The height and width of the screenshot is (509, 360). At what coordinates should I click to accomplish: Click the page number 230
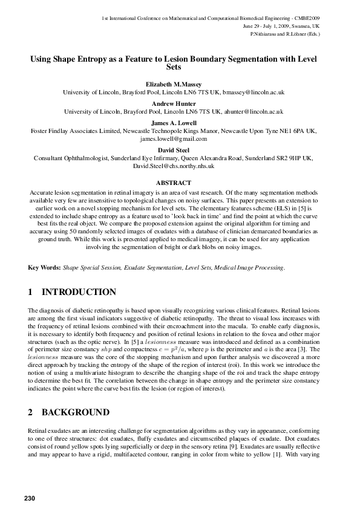click(31, 498)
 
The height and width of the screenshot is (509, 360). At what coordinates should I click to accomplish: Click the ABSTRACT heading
click(174, 183)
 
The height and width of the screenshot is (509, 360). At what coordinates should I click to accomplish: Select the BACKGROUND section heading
click(76, 412)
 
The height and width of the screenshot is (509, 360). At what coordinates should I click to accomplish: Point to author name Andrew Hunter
click(174, 103)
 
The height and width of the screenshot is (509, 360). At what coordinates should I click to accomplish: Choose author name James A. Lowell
click(174, 123)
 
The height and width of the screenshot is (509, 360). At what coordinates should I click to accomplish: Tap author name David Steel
click(174, 149)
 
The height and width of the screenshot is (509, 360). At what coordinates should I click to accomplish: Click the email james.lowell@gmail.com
click(174, 138)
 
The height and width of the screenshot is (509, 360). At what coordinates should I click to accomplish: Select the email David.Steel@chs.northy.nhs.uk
click(174, 165)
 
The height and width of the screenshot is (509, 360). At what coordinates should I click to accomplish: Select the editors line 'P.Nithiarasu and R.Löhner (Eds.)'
click(285, 34)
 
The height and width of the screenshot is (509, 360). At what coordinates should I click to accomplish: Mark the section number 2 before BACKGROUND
click(31, 412)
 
